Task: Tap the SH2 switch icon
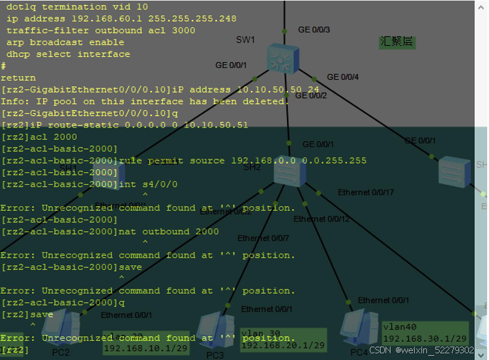(x=290, y=171)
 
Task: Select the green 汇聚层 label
(x=397, y=42)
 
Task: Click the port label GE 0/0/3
(x=314, y=29)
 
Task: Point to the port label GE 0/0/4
(x=343, y=77)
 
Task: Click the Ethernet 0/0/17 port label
(x=366, y=193)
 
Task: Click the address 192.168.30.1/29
(x=425, y=338)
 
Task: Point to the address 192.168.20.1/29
(x=282, y=345)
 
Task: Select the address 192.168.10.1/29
(x=145, y=348)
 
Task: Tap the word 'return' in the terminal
(x=18, y=78)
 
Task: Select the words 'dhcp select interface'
(x=68, y=54)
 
